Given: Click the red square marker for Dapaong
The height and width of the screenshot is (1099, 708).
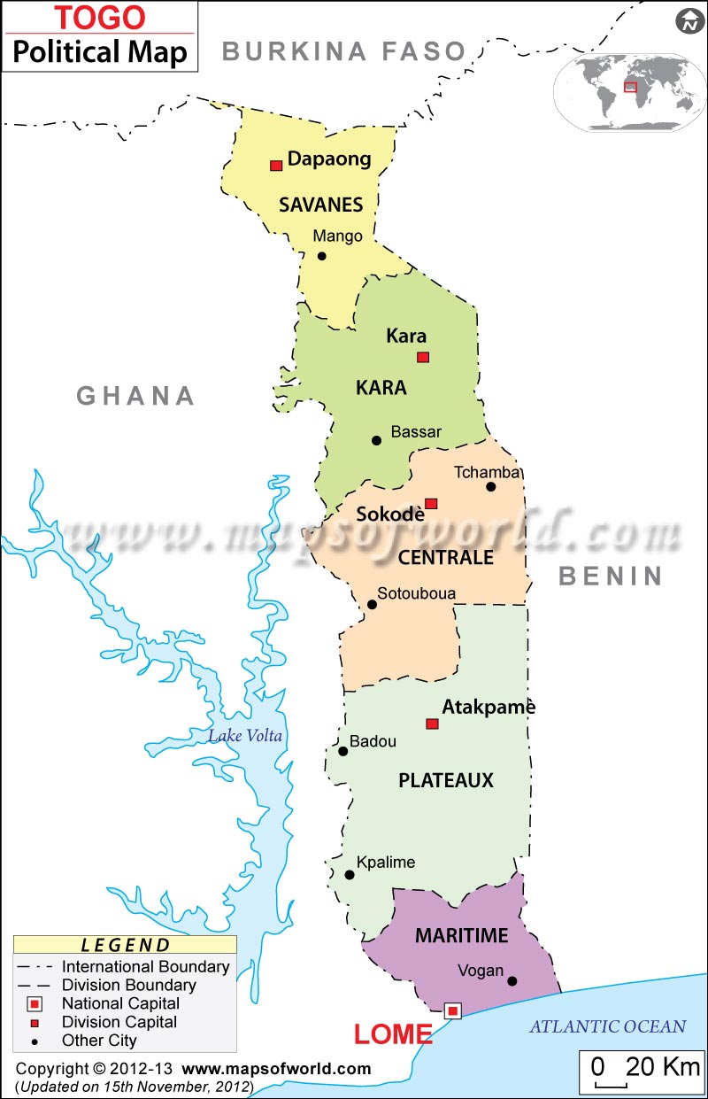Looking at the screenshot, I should point(276,166).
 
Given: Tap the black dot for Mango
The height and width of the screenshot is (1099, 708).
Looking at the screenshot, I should point(322,256).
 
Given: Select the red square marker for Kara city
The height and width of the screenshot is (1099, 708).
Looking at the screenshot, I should point(423,357).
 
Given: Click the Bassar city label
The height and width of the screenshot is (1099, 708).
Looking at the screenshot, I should point(416,432).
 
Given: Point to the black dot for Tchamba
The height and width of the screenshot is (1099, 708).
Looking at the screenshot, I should point(491,486).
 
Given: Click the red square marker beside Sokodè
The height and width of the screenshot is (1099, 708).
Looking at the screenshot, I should point(431,504).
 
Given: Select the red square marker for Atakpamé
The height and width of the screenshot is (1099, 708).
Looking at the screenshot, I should point(432,724).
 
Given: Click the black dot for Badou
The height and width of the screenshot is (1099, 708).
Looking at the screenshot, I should point(343,751).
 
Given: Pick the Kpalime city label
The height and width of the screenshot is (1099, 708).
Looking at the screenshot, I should point(385,862).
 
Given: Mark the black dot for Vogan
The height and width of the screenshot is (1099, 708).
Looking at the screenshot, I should point(512,980).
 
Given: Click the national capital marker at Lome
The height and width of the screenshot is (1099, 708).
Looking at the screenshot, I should point(453,1010).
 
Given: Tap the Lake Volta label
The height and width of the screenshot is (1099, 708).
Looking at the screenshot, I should point(245,736).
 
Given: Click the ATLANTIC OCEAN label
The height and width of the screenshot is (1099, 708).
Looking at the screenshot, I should point(607,1026).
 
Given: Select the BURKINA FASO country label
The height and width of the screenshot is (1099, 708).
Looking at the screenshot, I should point(343,51).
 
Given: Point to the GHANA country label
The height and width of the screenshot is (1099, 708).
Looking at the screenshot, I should point(135,396).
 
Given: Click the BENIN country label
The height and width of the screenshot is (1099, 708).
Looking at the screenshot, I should point(611,577).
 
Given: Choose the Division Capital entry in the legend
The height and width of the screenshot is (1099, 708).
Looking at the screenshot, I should point(119,1022).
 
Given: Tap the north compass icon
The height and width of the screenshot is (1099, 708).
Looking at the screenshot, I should point(689,22).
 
